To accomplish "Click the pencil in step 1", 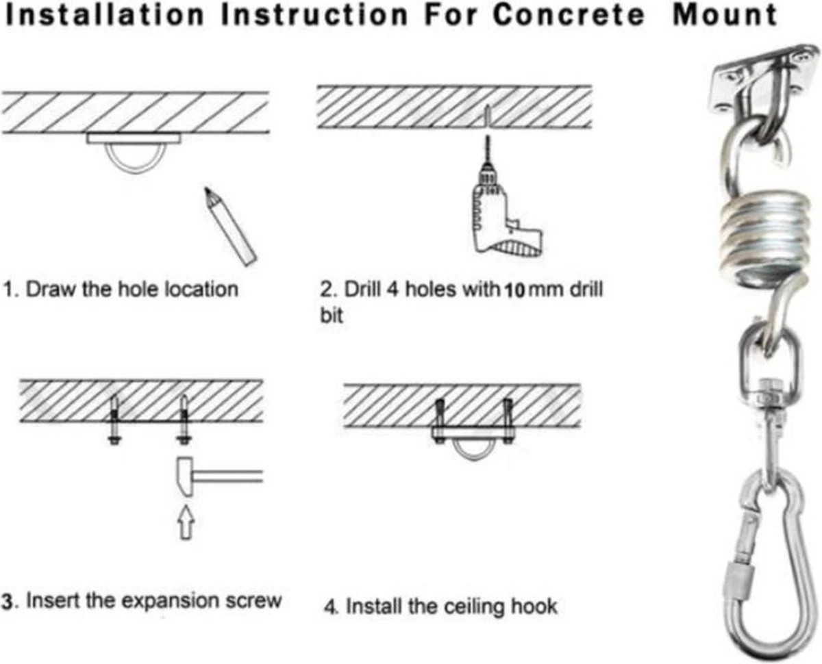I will pos(229,226).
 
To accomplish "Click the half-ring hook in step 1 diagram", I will pos(134,157).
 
